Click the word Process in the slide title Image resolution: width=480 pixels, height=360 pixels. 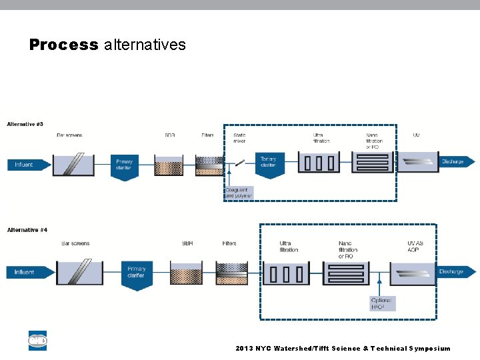click(x=63, y=45)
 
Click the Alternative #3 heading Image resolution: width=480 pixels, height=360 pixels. click(x=25, y=125)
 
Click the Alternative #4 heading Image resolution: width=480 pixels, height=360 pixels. click(x=27, y=230)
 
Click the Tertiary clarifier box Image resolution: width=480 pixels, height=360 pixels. click(x=268, y=162)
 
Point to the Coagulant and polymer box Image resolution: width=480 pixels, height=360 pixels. click(x=238, y=193)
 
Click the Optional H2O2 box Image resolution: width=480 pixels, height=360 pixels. click(x=381, y=303)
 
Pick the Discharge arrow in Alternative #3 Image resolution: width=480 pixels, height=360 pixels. click(x=456, y=161)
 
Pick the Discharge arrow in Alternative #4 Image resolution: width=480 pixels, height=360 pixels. click(x=455, y=272)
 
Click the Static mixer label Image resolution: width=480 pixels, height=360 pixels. click(x=239, y=138)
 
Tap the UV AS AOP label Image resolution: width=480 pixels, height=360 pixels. click(x=415, y=247)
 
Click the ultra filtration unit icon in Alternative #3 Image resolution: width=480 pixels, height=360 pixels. click(x=318, y=163)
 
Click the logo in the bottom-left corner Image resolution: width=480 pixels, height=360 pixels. click(x=37, y=341)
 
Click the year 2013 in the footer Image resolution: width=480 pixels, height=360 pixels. click(x=244, y=349)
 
